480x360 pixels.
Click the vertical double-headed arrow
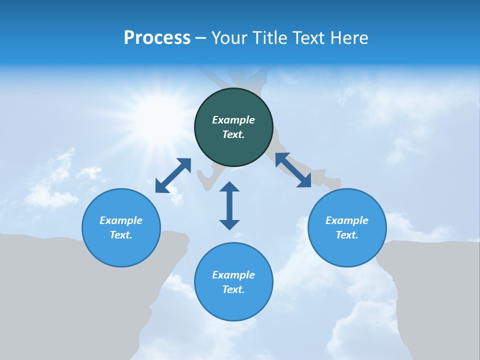tap(229, 205)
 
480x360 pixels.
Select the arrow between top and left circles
tap(173, 175)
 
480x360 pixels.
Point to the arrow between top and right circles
tap(293, 170)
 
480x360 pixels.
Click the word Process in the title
tap(157, 37)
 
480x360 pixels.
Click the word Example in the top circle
tap(233, 120)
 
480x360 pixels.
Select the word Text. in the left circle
tap(121, 235)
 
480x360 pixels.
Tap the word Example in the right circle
tap(347, 220)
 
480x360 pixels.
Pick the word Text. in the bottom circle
tap(233, 289)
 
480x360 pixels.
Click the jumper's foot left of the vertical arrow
tap(206, 180)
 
